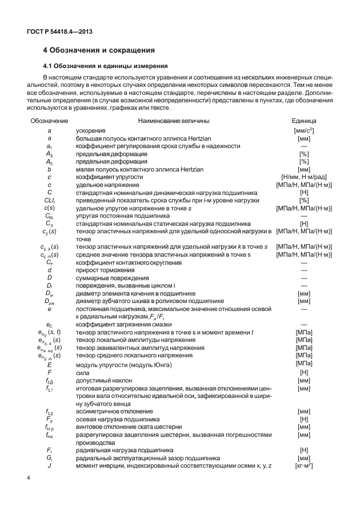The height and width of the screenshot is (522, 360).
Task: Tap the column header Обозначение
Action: tap(49, 121)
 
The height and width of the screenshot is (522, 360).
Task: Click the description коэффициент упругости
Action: tap(109, 177)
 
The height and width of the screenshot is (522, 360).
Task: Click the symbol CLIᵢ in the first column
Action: tap(49, 201)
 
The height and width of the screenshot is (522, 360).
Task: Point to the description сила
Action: tap(83, 372)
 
